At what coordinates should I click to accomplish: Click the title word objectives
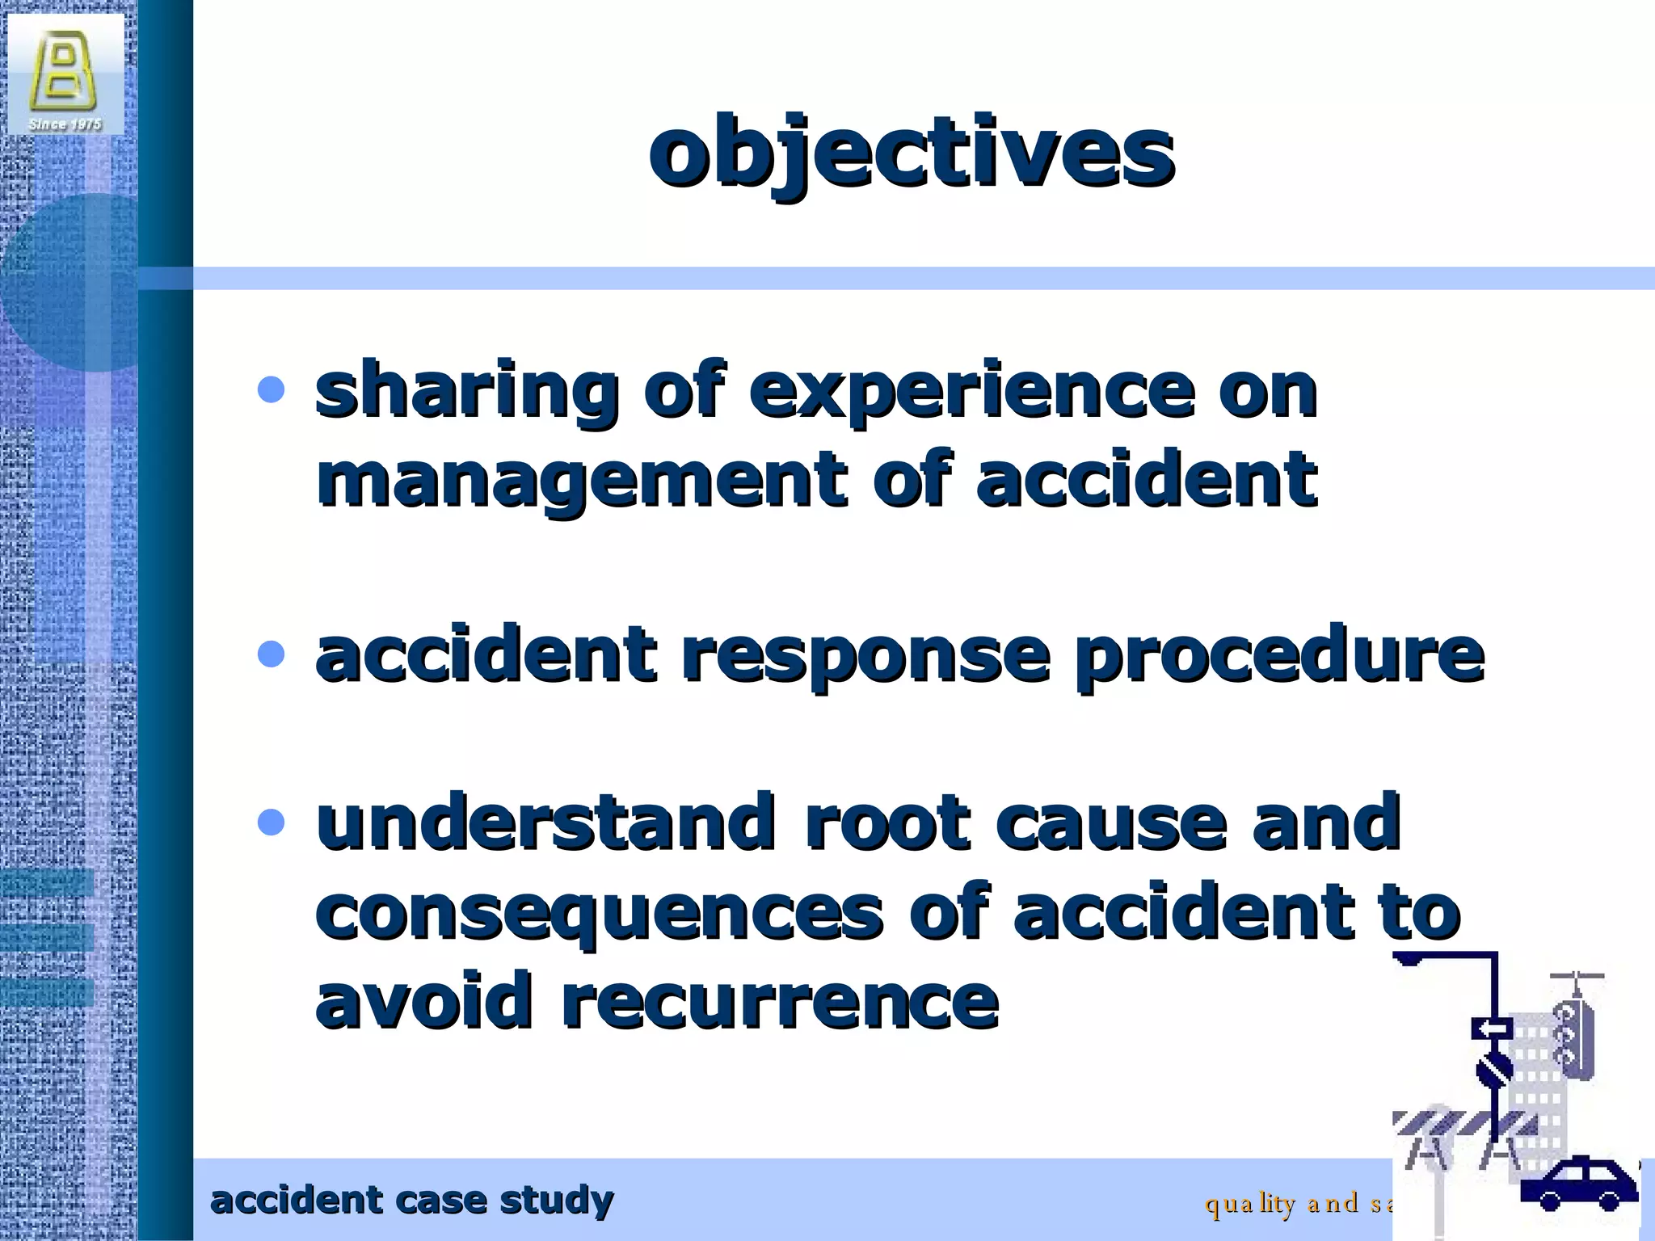[x=911, y=154]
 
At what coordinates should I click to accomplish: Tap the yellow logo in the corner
[x=63, y=71]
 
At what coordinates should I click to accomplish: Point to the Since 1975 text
[x=65, y=124]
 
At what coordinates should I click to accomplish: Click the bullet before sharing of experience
[x=271, y=390]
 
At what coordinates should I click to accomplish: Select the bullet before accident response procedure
[x=271, y=654]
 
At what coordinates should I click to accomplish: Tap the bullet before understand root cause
[x=271, y=822]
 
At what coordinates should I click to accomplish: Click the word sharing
[x=466, y=392]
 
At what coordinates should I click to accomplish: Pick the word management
[x=581, y=481]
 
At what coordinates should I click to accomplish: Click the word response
[x=865, y=654]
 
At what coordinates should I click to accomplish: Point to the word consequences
[x=599, y=913]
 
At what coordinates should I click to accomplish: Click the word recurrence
[x=780, y=1002]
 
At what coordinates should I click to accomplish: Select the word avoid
[x=423, y=1002]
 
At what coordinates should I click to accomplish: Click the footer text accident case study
[x=411, y=1201]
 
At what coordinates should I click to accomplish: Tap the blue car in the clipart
[x=1578, y=1184]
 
